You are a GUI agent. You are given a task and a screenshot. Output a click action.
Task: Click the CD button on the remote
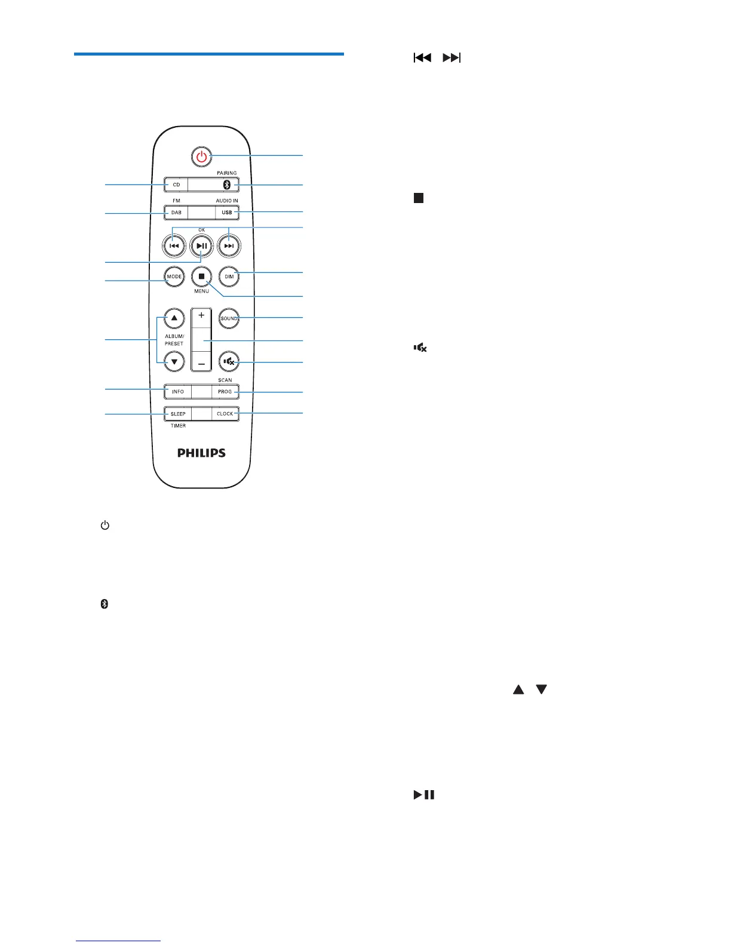[x=176, y=185]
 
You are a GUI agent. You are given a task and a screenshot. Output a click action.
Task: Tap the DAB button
[x=176, y=213]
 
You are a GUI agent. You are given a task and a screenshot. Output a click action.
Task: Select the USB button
[x=227, y=213]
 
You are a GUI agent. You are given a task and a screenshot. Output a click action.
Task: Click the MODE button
[x=174, y=277]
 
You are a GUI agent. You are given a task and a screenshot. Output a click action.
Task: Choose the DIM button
[x=229, y=277]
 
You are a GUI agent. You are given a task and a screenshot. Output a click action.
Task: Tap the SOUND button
[x=229, y=318]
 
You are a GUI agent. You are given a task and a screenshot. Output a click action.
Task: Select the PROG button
[x=225, y=392]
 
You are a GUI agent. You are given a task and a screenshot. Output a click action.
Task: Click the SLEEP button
[x=178, y=414]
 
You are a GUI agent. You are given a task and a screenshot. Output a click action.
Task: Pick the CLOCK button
[x=225, y=414]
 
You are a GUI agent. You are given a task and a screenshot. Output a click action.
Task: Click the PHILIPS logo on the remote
[x=202, y=453]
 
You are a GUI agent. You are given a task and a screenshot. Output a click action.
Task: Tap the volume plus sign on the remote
[x=202, y=315]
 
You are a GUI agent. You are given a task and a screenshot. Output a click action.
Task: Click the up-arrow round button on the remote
[x=174, y=318]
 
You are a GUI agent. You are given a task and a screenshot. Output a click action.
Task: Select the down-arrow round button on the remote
[x=174, y=361]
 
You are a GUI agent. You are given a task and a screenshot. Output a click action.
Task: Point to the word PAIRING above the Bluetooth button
[x=227, y=173]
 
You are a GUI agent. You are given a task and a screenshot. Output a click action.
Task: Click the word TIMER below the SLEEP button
[x=178, y=426]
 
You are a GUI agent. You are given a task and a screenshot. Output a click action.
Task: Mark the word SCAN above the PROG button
[x=225, y=380]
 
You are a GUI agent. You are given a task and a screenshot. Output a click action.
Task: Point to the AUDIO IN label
[x=227, y=201]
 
